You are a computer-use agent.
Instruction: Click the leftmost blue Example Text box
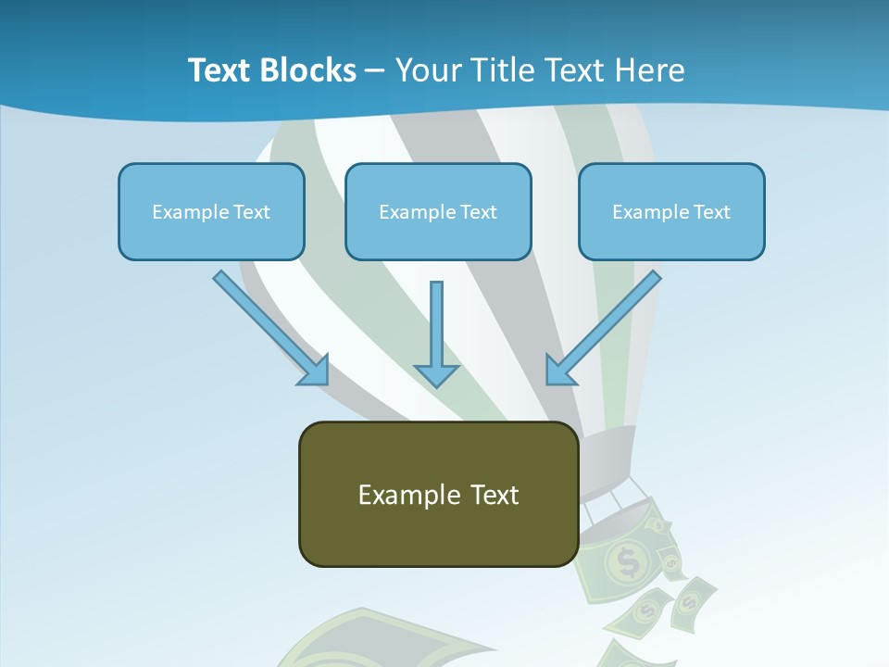pos(211,211)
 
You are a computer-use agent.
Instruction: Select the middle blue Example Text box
pos(438,211)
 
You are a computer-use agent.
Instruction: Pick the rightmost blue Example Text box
pos(671,211)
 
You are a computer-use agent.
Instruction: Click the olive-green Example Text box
pos(438,494)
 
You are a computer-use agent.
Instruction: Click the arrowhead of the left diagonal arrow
pos(315,371)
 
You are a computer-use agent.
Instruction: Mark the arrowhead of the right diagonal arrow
pos(559,370)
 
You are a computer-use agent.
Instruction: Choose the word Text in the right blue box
pos(711,211)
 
